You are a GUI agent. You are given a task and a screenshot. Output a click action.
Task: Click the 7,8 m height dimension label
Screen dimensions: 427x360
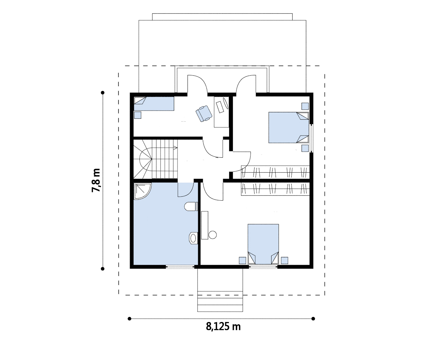coord(96,180)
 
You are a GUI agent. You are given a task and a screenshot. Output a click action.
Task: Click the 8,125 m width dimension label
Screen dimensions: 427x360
coord(223,327)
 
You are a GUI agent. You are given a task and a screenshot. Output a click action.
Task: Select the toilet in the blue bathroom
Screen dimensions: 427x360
coord(191,206)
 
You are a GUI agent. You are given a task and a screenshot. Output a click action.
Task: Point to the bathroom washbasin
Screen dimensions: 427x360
coord(193,238)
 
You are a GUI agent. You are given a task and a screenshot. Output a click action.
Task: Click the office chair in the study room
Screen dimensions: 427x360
coord(204,114)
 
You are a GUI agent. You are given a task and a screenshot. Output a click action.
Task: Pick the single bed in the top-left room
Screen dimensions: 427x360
coord(154,104)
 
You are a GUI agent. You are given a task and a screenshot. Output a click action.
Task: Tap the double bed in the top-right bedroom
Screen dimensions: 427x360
coord(289,127)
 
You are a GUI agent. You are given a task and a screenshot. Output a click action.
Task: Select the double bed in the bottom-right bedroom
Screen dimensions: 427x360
coord(263,244)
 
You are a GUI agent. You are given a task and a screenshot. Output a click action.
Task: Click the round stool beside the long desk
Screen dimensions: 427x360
coord(213,235)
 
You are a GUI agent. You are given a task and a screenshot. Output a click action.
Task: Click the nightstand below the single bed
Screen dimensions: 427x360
coord(138,115)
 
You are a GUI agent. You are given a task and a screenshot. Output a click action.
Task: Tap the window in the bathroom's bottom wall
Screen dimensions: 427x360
coord(180,266)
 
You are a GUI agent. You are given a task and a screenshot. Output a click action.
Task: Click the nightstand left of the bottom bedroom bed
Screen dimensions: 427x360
coord(243,260)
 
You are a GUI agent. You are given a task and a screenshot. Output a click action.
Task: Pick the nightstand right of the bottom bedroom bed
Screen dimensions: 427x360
coord(285,260)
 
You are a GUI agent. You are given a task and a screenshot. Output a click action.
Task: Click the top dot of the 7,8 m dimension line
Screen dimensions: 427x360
coord(103,93)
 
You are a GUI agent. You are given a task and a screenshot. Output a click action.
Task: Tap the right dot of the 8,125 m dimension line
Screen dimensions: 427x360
coord(313,319)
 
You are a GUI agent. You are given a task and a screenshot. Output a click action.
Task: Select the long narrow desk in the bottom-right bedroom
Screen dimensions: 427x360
coord(204,225)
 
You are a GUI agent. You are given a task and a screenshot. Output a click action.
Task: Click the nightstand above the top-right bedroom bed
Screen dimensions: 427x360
coord(305,106)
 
